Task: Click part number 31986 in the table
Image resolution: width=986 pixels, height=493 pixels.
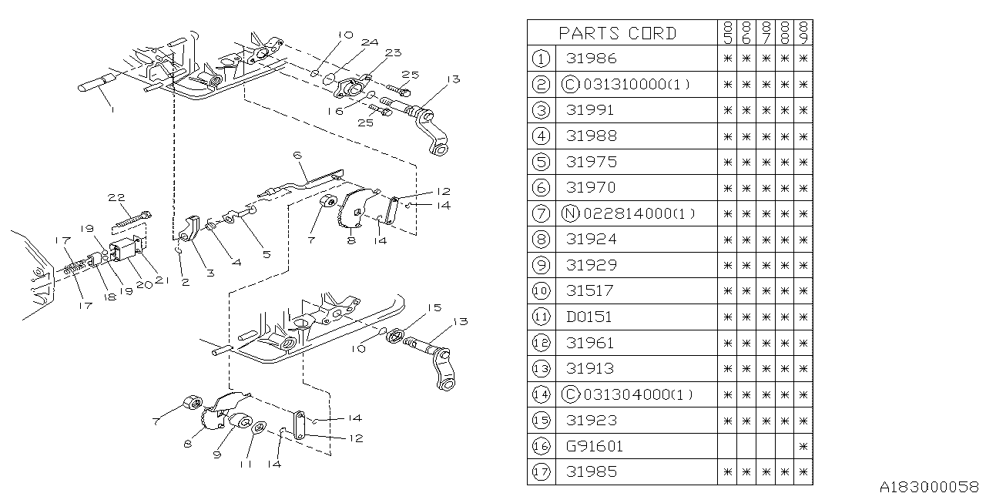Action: point(591,59)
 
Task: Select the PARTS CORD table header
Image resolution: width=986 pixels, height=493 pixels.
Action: point(617,33)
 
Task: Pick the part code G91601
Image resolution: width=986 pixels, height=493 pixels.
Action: point(595,446)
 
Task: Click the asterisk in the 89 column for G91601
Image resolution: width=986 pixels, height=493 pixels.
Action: point(803,446)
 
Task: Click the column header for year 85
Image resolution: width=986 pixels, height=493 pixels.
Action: point(726,32)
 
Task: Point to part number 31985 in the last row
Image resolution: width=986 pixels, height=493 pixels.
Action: point(591,471)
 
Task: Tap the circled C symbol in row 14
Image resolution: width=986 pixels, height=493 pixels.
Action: point(571,394)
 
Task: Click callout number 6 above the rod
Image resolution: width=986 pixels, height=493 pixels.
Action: point(297,156)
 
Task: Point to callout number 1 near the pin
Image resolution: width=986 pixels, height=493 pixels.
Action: point(112,110)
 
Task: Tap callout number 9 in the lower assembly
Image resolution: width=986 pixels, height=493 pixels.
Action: point(216,454)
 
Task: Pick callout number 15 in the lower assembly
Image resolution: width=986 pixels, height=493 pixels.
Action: point(434,307)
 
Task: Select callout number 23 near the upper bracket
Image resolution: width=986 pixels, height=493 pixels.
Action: point(394,53)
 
